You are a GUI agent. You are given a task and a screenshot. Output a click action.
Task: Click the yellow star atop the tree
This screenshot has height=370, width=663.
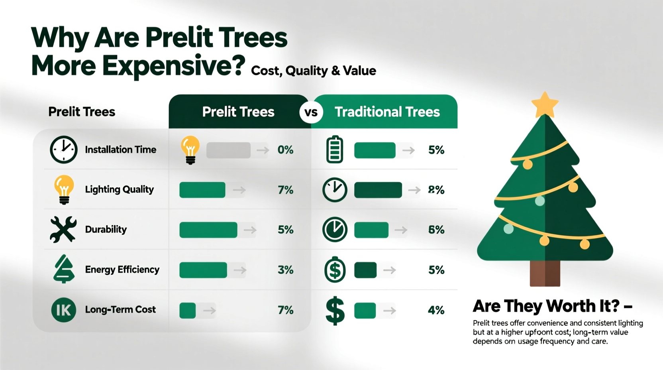click(545, 105)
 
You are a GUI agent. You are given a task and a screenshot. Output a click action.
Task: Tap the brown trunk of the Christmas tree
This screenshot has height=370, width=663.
click(545, 273)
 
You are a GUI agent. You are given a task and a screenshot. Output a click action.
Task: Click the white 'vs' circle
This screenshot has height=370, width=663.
click(311, 112)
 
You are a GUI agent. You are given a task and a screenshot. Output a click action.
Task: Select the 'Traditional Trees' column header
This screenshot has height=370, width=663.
click(387, 112)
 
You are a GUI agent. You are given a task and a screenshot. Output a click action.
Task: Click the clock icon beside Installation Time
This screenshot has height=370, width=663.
click(64, 150)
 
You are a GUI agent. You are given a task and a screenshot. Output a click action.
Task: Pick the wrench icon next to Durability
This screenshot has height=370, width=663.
click(63, 229)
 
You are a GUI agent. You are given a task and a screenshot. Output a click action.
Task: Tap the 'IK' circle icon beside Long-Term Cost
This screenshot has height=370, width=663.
click(63, 310)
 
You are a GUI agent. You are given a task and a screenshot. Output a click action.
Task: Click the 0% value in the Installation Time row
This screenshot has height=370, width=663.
click(285, 150)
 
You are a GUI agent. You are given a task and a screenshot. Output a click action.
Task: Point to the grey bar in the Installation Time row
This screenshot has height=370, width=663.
click(228, 150)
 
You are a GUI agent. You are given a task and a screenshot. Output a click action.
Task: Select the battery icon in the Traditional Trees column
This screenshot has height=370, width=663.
click(335, 150)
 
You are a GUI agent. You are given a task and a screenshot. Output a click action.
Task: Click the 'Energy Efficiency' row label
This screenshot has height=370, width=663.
click(122, 270)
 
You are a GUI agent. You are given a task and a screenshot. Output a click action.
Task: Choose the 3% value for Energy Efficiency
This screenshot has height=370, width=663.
click(285, 270)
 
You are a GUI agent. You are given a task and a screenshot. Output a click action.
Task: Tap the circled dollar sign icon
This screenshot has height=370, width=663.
click(335, 270)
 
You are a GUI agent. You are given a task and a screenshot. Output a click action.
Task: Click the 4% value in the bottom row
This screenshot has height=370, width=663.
click(436, 310)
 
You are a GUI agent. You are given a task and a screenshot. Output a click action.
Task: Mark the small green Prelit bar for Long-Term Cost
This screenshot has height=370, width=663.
click(187, 310)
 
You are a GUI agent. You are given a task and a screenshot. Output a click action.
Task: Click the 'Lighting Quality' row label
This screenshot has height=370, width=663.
click(119, 189)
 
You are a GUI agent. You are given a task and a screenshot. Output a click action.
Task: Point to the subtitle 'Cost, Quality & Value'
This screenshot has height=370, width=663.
click(314, 71)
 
